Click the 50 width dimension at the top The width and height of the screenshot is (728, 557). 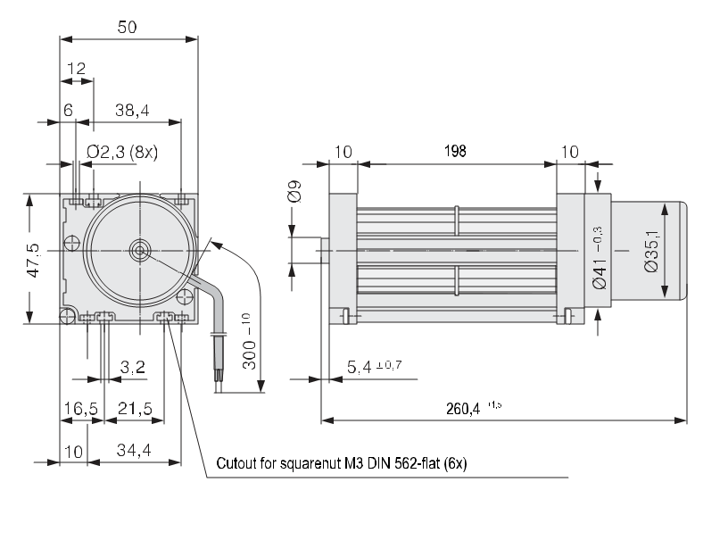click(x=128, y=27)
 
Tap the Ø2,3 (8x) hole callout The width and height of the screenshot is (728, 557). click(x=122, y=152)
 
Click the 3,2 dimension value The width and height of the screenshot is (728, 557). click(x=132, y=366)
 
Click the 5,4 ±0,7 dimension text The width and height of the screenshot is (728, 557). click(x=370, y=366)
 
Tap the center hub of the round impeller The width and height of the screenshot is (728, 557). click(x=140, y=251)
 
